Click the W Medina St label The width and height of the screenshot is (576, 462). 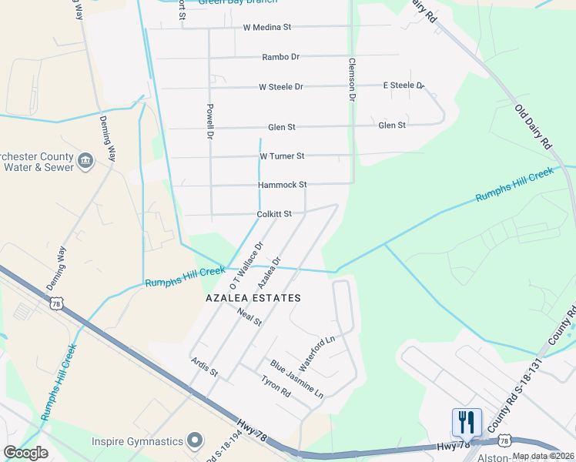266,27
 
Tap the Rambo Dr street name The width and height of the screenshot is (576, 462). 280,57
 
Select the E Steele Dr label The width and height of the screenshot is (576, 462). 404,85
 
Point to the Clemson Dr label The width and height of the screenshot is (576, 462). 352,80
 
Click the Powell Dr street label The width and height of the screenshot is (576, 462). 209,122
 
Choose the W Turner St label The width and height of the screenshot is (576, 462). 282,156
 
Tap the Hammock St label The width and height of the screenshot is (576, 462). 282,186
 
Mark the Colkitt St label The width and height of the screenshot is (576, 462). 273,214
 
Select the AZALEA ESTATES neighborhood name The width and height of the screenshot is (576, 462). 253,298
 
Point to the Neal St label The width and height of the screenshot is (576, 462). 250,316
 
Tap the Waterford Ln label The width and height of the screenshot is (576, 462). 317,349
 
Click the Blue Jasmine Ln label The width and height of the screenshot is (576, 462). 296,378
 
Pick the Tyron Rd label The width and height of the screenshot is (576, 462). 275,387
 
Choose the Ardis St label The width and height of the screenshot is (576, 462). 205,367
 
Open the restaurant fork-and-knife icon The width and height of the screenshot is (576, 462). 467,423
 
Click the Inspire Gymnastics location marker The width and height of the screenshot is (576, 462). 196,441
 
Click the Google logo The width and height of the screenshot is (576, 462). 25,453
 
